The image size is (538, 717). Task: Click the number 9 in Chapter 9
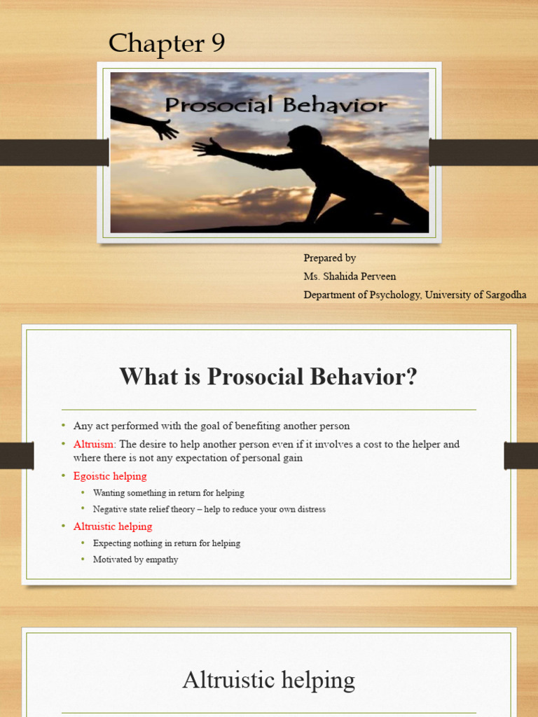[x=214, y=44]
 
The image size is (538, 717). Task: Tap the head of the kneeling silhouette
[x=303, y=137]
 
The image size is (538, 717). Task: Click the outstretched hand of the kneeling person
[x=207, y=147]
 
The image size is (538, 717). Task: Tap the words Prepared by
[x=329, y=258]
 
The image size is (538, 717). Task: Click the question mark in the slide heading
[x=411, y=377]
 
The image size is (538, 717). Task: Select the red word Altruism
[x=94, y=445]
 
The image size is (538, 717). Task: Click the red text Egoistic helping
[x=110, y=476]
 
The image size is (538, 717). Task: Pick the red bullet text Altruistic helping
[x=112, y=527]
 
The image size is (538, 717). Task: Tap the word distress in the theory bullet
[x=309, y=509]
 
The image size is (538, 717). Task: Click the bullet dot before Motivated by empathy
[x=83, y=559]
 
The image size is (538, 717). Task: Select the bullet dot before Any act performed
[x=63, y=426]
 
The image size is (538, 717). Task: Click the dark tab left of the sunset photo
[x=53, y=152]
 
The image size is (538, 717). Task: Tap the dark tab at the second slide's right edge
[x=520, y=455]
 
